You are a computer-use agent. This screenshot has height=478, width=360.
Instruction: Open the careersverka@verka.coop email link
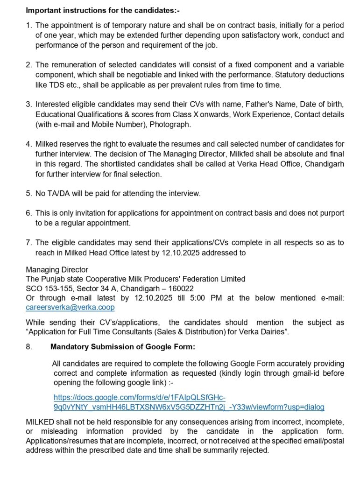tap(70, 308)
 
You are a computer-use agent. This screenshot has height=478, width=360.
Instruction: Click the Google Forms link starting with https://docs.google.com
tap(189, 402)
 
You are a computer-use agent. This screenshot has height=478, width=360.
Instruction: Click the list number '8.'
tap(29, 347)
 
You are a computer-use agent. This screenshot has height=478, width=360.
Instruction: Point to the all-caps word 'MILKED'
tap(39, 422)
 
